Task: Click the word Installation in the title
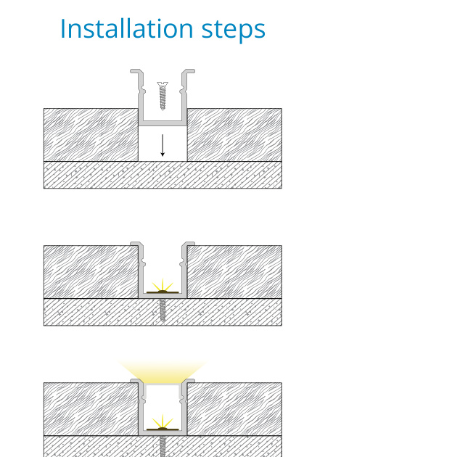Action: click(127, 28)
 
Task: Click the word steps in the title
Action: click(234, 30)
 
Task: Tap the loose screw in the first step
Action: click(163, 96)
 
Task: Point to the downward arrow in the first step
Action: click(163, 145)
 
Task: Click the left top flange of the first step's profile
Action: click(136, 72)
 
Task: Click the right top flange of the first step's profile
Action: click(189, 72)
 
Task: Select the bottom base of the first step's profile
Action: click(163, 123)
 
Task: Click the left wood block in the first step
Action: click(91, 135)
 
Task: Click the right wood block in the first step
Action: click(234, 135)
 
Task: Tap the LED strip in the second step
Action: click(163, 292)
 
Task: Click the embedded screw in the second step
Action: click(163, 310)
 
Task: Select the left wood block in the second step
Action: click(91, 272)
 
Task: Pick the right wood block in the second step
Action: click(234, 272)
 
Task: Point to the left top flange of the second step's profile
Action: click(136, 244)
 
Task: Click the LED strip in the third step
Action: click(163, 429)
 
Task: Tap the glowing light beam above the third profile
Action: click(163, 371)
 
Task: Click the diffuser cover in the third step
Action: click(163, 385)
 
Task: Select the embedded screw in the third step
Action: click(163, 446)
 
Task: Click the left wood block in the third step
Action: click(91, 409)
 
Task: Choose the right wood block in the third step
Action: click(234, 409)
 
